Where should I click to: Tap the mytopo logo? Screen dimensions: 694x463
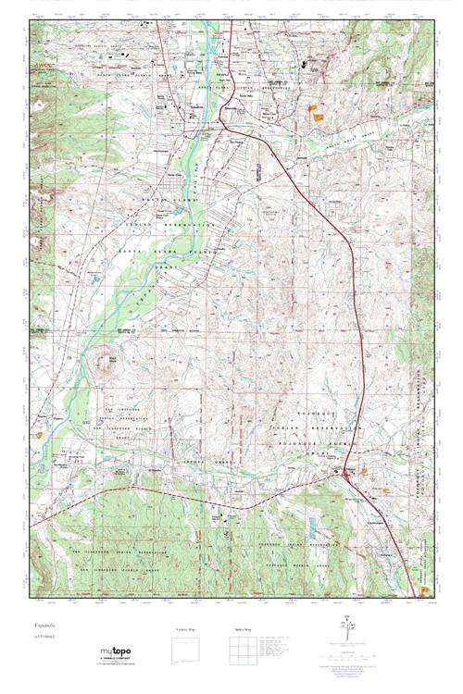119,652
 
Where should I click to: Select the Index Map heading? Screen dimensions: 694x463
244,629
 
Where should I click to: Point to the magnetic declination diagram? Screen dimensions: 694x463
347,627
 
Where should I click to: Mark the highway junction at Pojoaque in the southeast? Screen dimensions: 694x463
344,474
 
